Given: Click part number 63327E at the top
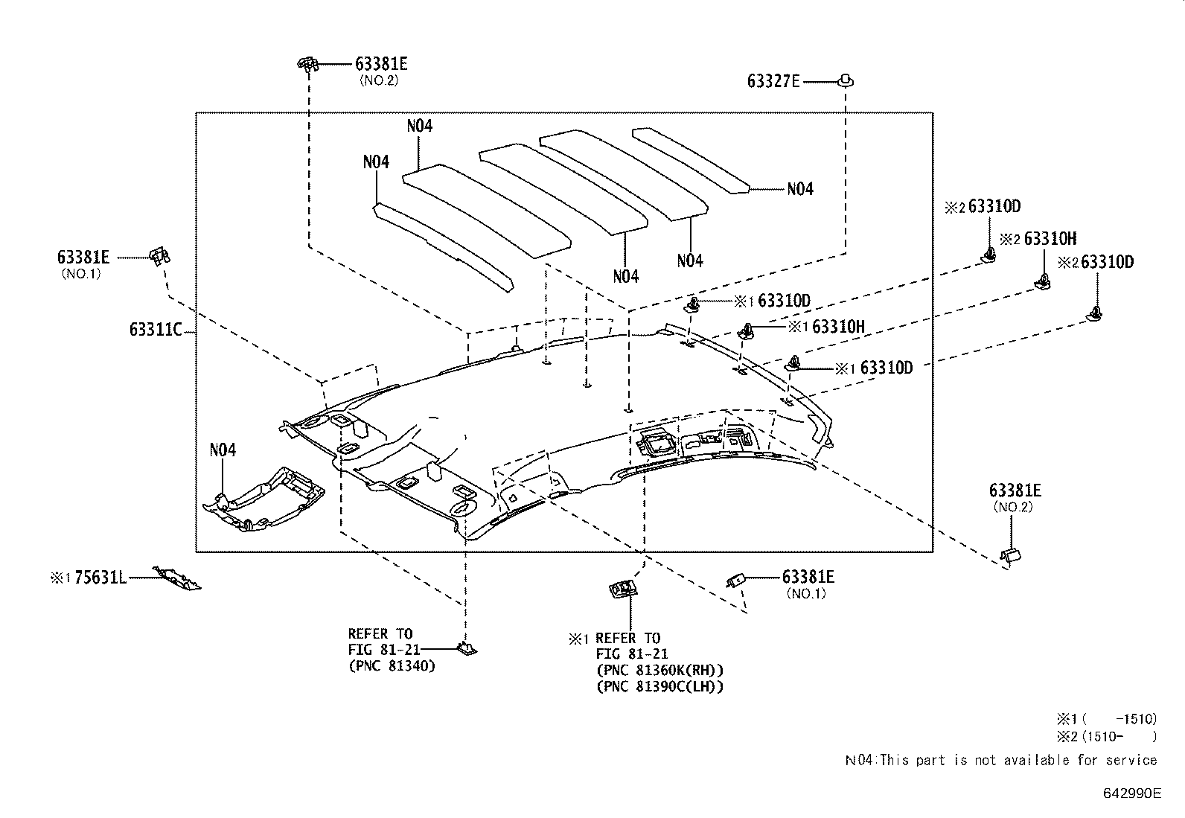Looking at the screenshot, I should [x=773, y=81].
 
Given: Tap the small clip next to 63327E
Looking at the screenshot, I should [x=846, y=80].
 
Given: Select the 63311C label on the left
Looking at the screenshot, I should [x=155, y=329].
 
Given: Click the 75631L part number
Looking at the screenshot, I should [x=101, y=578].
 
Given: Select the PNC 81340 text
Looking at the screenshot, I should [x=392, y=665].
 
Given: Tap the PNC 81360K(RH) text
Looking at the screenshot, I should [x=659, y=670].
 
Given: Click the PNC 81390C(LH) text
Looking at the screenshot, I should [x=659, y=686].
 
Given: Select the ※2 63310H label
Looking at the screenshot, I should [x=1038, y=239].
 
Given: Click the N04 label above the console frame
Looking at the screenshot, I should [x=223, y=450].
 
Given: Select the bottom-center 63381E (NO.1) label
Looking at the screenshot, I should [x=807, y=577].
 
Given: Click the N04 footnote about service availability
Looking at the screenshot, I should [x=1000, y=760].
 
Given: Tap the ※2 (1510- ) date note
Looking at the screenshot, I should [x=1106, y=737].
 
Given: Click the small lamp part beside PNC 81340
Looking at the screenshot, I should [x=466, y=649].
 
